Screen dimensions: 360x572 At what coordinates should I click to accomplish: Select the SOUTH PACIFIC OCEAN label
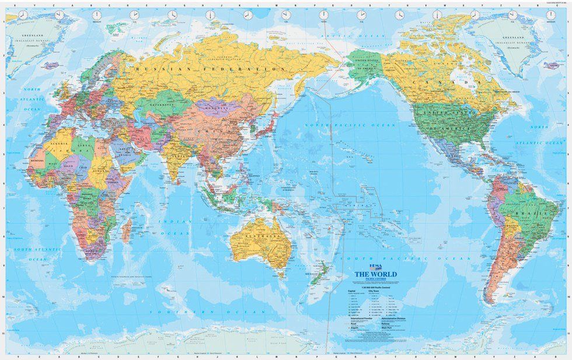[x=397, y=257]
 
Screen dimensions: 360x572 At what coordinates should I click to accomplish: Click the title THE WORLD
[x=371, y=276]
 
